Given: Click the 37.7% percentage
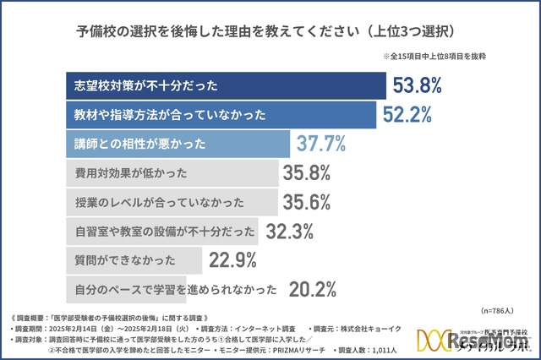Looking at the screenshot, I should click(320, 144).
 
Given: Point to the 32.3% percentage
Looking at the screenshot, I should click(290, 231).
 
